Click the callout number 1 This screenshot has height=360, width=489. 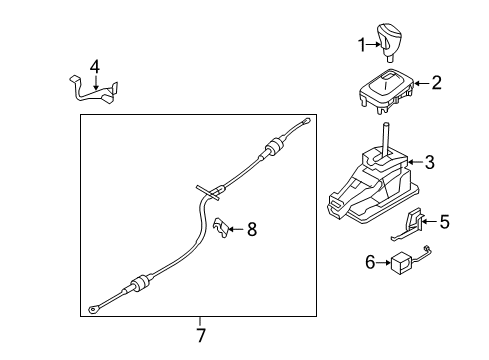(x=363, y=44)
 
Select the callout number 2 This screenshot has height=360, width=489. (x=435, y=84)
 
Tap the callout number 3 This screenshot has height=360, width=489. (x=429, y=162)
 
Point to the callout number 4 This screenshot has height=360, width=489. (x=95, y=66)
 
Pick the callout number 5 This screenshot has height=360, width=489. (x=444, y=222)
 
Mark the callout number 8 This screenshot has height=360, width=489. (x=252, y=230)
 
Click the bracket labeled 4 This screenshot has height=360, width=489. (x=98, y=89)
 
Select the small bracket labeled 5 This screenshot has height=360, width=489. (x=414, y=226)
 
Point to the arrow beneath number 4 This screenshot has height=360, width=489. (x=95, y=82)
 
